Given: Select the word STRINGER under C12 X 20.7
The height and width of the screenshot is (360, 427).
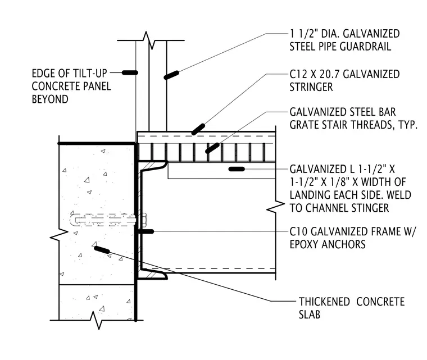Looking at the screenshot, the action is (x=311, y=87).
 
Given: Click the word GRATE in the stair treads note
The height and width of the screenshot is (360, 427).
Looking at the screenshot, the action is (x=303, y=125).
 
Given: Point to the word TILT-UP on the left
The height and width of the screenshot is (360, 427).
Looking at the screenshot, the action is (x=88, y=73).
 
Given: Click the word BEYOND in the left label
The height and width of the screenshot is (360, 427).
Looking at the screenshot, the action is (x=50, y=99).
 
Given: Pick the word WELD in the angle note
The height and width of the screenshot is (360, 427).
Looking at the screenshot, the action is (x=399, y=195).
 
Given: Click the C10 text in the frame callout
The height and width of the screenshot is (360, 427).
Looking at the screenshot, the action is (x=299, y=231).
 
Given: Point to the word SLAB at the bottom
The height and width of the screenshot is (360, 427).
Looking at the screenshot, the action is (x=310, y=315).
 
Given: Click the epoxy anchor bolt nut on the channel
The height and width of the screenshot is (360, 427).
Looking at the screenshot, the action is (x=144, y=220).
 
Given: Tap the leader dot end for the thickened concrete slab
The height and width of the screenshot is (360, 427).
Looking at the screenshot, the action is (x=102, y=250).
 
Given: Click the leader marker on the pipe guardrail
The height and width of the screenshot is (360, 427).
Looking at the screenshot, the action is (x=171, y=75).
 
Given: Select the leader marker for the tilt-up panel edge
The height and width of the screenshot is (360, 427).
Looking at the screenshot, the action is (x=130, y=72).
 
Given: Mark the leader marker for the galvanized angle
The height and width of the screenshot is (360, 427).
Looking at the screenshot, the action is (x=237, y=169).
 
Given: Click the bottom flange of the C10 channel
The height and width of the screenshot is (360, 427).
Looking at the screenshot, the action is (x=153, y=275).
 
